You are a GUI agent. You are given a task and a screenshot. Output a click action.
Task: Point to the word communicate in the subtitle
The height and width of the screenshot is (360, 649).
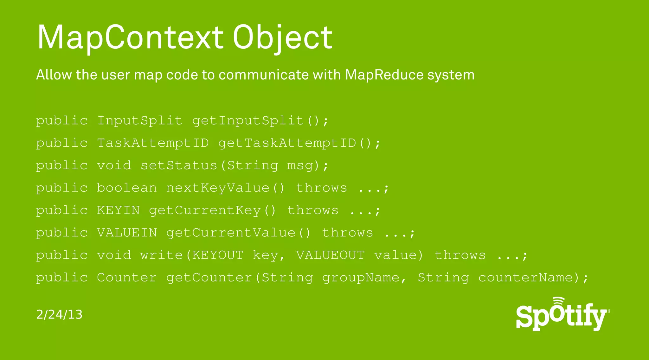(x=264, y=75)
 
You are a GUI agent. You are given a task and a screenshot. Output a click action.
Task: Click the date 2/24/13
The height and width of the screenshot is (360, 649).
(x=59, y=314)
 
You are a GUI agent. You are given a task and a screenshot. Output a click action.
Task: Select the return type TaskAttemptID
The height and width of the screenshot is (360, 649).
(x=153, y=143)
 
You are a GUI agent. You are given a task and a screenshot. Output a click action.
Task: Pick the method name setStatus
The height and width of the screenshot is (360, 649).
(x=179, y=165)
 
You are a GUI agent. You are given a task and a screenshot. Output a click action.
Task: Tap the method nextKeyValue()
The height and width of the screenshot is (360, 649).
(x=225, y=188)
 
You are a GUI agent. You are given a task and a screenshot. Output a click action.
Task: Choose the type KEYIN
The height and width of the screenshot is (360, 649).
(x=118, y=210)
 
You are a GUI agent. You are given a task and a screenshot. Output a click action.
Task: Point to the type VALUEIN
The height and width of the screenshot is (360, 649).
(x=127, y=233)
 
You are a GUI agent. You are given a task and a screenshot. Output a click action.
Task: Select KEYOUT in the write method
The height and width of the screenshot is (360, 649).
(x=218, y=255)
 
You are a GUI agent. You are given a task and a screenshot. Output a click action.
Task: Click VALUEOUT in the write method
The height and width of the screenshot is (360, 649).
(x=331, y=255)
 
